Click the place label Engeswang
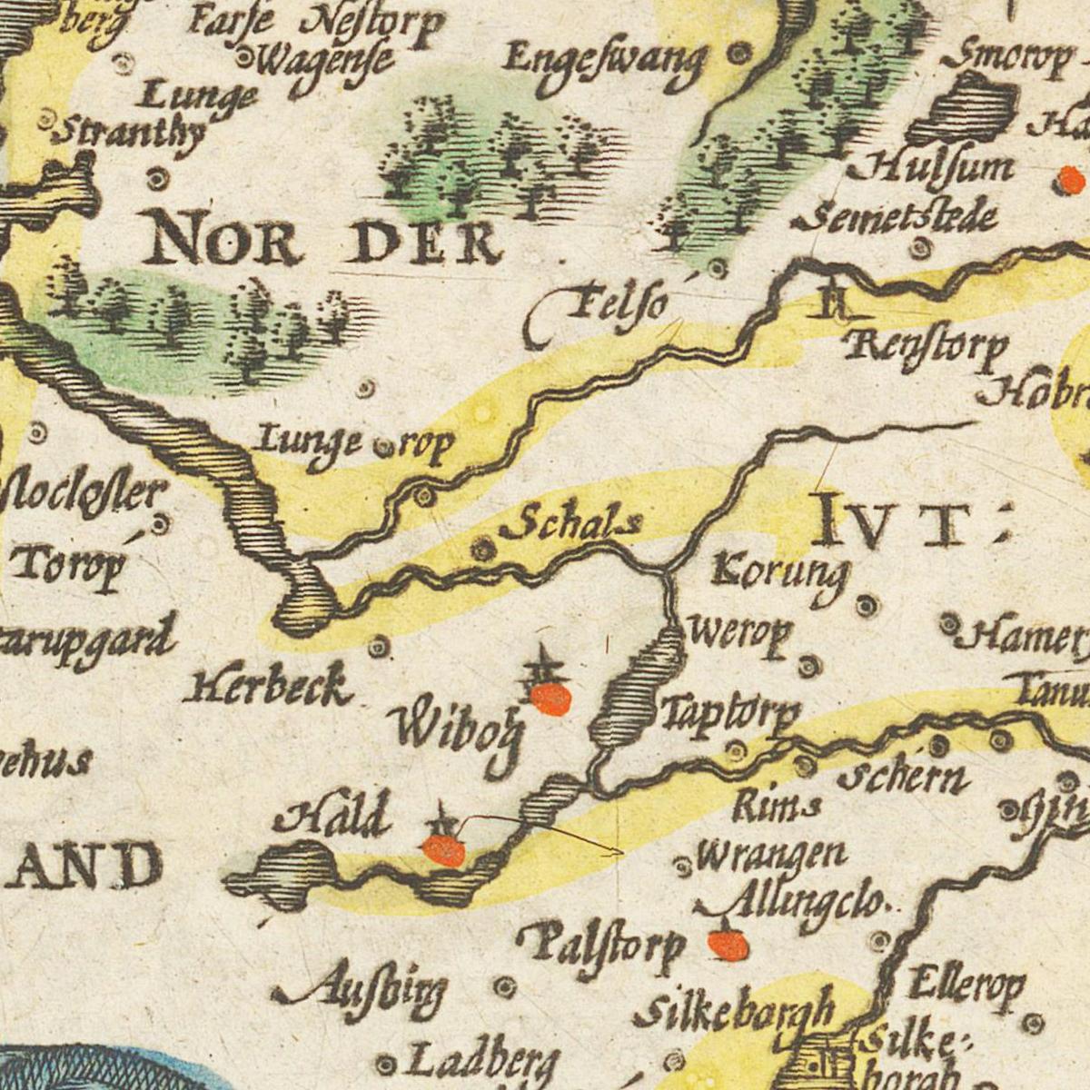point(605,66)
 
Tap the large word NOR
point(224,238)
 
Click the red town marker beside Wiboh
point(550,699)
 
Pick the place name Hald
point(333,816)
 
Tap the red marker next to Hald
point(444,850)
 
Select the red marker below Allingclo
point(728,946)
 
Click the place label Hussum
point(931,169)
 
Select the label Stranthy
point(127,133)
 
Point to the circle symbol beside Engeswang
point(741,54)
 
